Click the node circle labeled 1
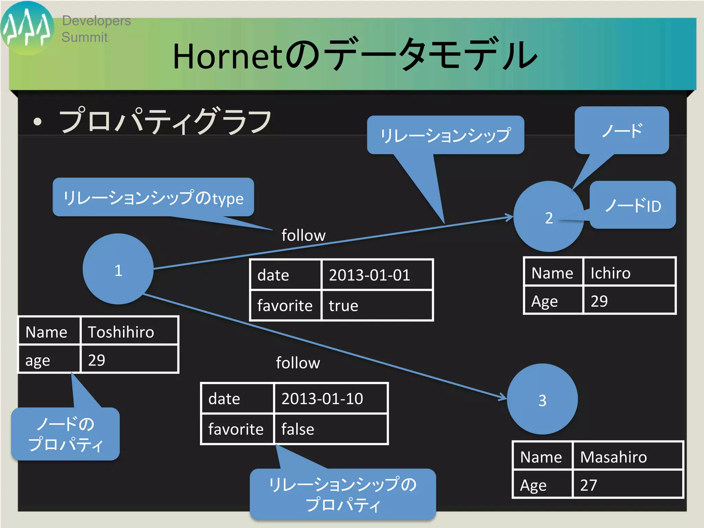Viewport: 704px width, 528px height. click(x=118, y=269)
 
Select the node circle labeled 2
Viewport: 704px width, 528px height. click(x=549, y=217)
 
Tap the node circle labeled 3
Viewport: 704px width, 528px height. click(x=542, y=399)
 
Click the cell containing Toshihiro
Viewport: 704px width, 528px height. click(x=129, y=331)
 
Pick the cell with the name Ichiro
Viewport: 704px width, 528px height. click(x=629, y=273)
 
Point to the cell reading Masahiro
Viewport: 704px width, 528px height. click(x=627, y=456)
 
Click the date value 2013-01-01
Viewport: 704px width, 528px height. click(x=376, y=275)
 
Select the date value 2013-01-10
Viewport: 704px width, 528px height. click(x=330, y=398)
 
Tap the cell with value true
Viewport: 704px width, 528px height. click(x=376, y=306)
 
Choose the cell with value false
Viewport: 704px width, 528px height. click(x=330, y=429)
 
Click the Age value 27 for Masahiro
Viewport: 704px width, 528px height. click(x=627, y=485)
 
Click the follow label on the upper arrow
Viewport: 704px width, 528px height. click(x=303, y=235)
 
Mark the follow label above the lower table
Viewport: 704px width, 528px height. click(x=298, y=363)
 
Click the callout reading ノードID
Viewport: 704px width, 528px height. click(x=633, y=205)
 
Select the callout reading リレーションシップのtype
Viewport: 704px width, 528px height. click(x=153, y=197)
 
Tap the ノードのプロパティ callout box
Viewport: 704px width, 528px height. click(x=65, y=434)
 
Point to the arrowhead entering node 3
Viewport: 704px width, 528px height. click(x=504, y=397)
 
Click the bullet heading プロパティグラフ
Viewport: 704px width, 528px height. click(x=165, y=121)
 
